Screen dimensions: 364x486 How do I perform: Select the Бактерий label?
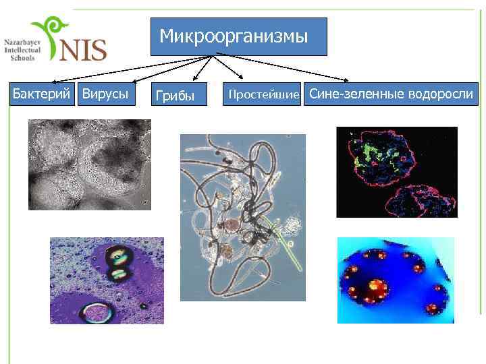[41, 94]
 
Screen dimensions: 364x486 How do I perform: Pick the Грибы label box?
[175, 95]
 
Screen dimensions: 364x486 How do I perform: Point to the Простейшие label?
[264, 95]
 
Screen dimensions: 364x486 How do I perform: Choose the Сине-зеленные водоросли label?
[391, 94]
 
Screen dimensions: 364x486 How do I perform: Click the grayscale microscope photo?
[89, 164]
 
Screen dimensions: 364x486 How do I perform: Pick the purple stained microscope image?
[107, 280]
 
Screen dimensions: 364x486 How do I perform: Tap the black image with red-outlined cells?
[396, 171]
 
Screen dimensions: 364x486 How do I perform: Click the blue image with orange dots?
[396, 280]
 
